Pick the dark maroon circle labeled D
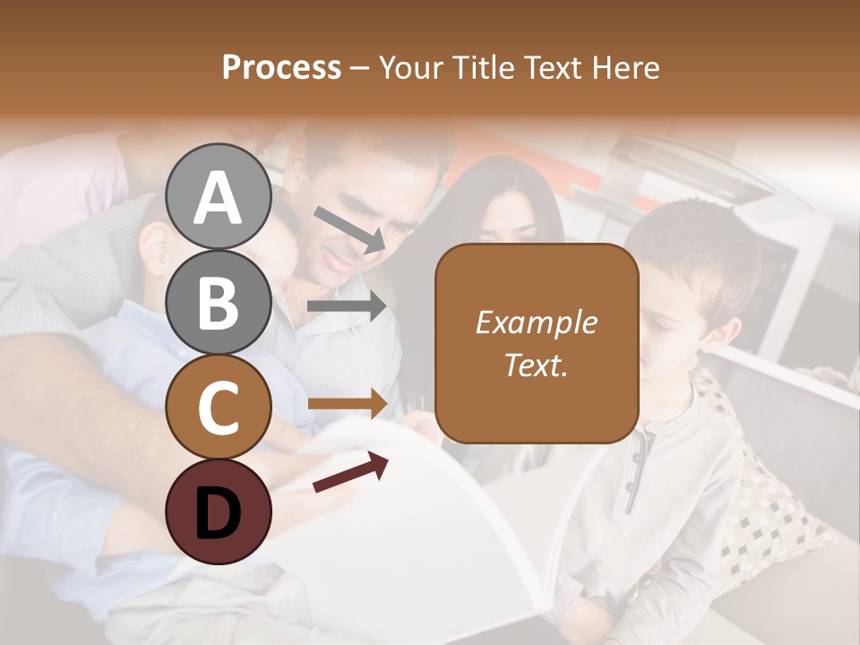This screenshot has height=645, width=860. [x=219, y=512]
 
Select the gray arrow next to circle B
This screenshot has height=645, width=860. [x=347, y=306]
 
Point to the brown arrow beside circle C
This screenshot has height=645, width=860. [x=348, y=404]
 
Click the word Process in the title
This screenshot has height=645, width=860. [x=281, y=67]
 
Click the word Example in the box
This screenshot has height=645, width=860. [x=536, y=322]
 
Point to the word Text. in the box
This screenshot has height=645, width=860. [x=536, y=365]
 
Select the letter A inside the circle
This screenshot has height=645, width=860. [x=219, y=199]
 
